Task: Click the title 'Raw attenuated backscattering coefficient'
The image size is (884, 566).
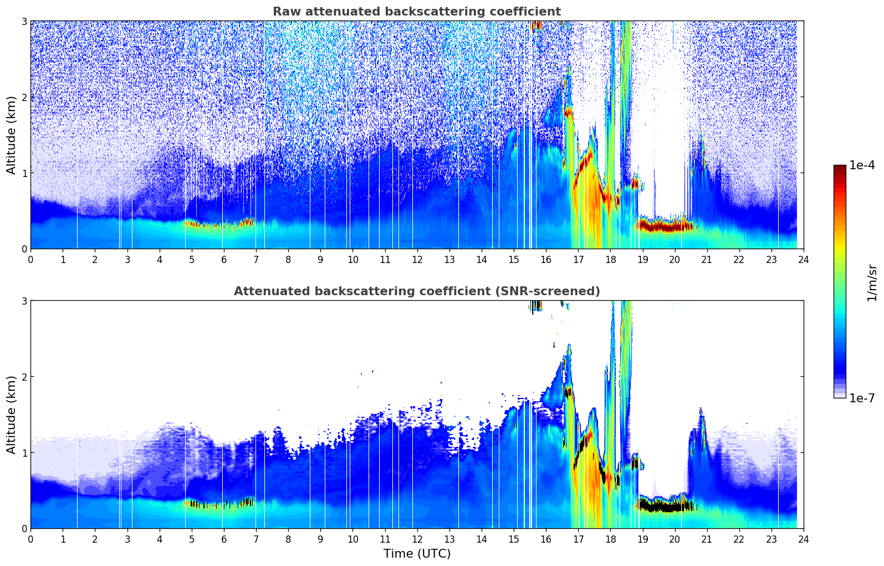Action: pos(416,12)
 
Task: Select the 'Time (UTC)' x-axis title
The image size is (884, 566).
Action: pos(417,553)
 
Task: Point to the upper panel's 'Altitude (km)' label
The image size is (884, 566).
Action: pos(11,135)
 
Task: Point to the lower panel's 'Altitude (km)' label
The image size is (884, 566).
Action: pos(11,415)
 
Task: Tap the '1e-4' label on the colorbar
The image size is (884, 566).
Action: pos(862,165)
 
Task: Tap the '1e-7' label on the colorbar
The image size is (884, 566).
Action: pos(862,398)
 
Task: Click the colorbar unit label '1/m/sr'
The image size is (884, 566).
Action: pos(872,282)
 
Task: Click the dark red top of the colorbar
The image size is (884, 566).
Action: pos(839,168)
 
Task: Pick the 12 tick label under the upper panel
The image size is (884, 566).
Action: pos(417,260)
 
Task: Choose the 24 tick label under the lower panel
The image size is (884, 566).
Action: pos(803,539)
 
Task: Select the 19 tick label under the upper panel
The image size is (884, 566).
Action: pos(642,260)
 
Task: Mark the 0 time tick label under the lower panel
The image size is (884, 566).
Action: pos(30,539)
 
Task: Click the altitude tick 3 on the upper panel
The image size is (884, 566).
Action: pos(24,21)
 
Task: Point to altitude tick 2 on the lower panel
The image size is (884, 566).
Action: pos(24,377)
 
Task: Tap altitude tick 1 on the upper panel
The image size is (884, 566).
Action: pos(24,173)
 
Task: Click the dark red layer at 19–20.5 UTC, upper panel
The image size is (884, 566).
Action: pos(665,226)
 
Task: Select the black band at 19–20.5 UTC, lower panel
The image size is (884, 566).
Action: pos(665,506)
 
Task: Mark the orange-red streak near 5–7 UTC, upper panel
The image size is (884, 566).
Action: pos(211,225)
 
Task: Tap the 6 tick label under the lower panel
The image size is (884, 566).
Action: pos(224,539)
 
